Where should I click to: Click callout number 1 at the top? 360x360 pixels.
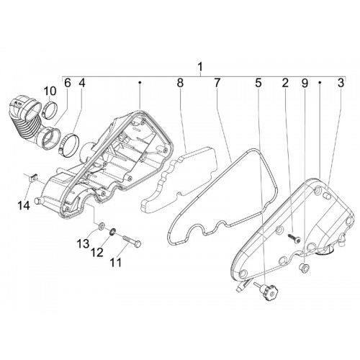pyautogui.click(x=200, y=67)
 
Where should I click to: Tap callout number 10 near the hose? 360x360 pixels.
pyautogui.click(x=50, y=92)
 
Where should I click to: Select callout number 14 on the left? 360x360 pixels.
pyautogui.click(x=24, y=206)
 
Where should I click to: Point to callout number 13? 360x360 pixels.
pyautogui.click(x=83, y=243)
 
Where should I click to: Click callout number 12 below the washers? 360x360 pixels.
pyautogui.click(x=97, y=252)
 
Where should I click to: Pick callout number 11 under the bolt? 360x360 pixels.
pyautogui.click(x=116, y=262)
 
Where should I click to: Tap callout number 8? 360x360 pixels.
pyautogui.click(x=180, y=83)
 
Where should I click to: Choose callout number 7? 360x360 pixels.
pyautogui.click(x=217, y=83)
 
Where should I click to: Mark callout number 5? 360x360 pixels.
pyautogui.click(x=258, y=83)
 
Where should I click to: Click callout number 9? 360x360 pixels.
pyautogui.click(x=305, y=83)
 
